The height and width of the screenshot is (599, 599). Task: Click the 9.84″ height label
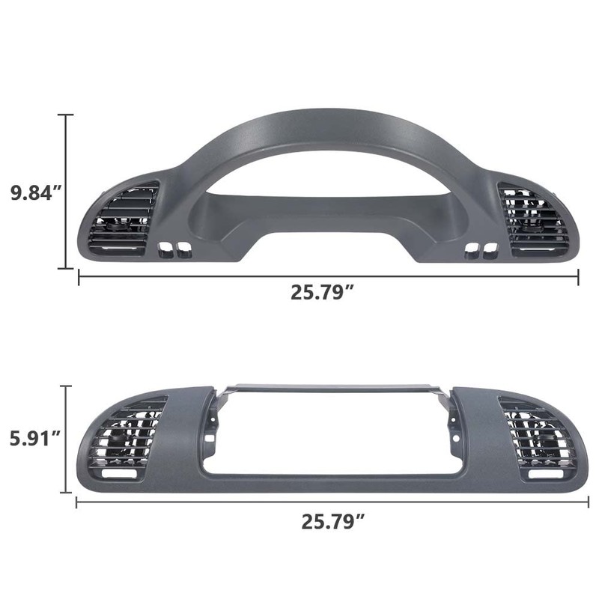(x=34, y=192)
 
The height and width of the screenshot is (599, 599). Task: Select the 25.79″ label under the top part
(x=322, y=293)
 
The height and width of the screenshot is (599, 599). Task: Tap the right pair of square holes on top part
(x=481, y=249)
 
